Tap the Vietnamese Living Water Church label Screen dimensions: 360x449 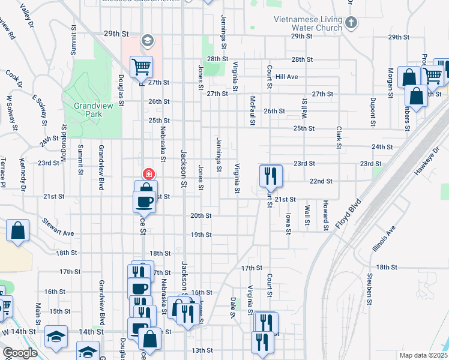308,23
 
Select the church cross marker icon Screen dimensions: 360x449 352,24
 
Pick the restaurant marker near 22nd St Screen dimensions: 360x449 270,175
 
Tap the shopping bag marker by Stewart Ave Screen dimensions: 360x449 18,230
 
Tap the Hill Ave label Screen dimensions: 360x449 287,77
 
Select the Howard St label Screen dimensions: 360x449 325,215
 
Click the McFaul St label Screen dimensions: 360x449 253,111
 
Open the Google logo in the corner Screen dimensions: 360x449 20,353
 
